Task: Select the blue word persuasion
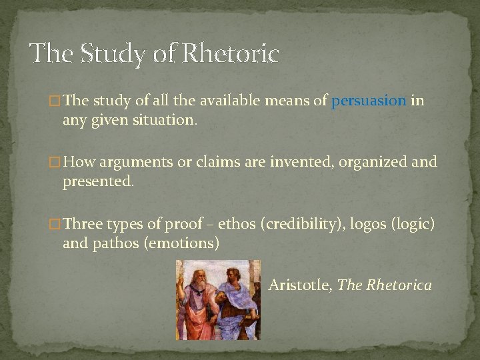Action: coord(369,101)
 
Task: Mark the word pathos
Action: coord(115,243)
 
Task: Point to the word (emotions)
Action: coord(180,243)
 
